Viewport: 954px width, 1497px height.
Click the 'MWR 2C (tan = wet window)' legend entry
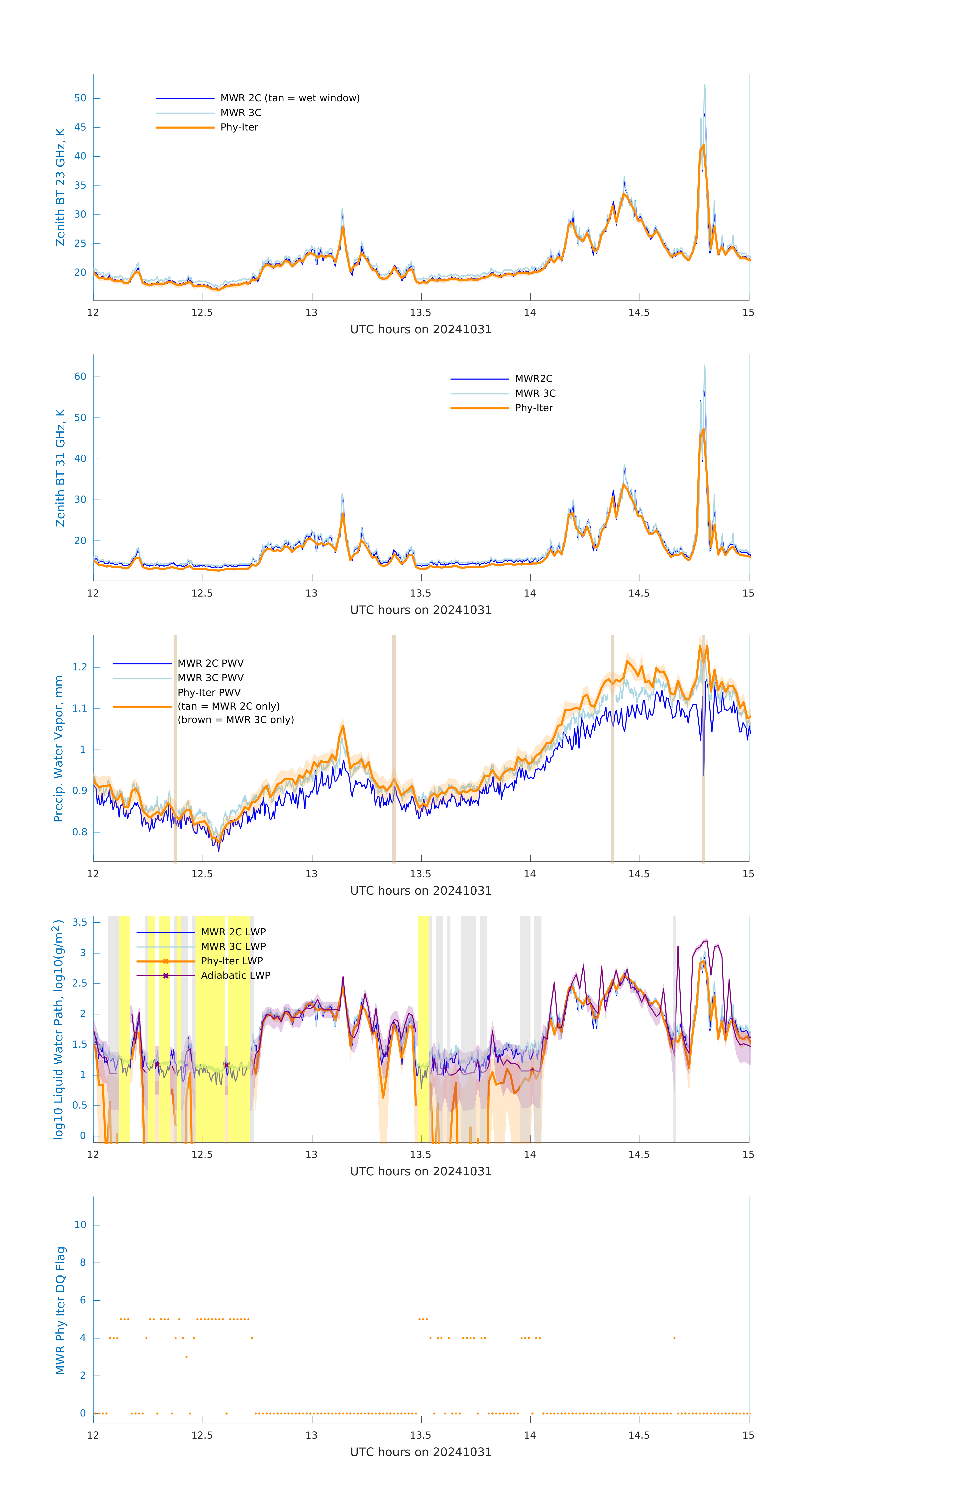[x=290, y=98]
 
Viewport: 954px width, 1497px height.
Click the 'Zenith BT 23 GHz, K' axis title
[x=60, y=187]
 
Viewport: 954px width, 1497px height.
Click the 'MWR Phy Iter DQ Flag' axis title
[x=60, y=1310]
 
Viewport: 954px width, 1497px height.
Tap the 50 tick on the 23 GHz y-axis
[x=80, y=98]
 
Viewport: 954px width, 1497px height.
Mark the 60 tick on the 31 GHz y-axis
[x=80, y=377]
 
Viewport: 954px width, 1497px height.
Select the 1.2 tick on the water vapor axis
[x=80, y=667]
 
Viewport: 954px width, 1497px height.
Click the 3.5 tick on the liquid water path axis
[x=80, y=923]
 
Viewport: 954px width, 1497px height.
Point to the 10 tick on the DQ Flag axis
[x=80, y=1225]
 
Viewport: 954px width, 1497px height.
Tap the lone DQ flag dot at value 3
[x=187, y=1357]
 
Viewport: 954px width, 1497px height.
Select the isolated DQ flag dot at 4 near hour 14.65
[x=674, y=1338]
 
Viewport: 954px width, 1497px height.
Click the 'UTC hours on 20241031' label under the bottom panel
[x=421, y=1452]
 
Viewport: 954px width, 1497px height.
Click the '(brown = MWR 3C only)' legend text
[x=235, y=720]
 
